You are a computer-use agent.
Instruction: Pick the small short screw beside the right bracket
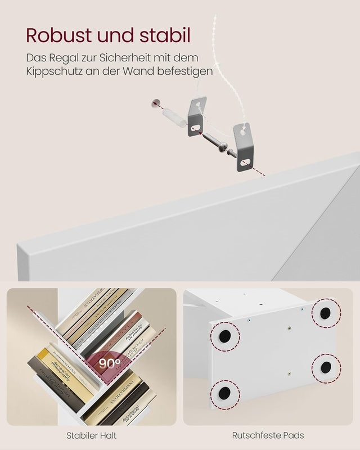[x=225, y=148]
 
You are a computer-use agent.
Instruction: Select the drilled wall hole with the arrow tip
[x=155, y=103]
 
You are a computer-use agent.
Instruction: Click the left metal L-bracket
[x=197, y=116]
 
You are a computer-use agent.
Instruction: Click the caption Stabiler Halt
[x=91, y=435]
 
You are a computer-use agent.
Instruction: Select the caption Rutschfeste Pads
[x=268, y=435]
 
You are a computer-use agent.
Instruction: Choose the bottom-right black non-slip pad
[x=326, y=367]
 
